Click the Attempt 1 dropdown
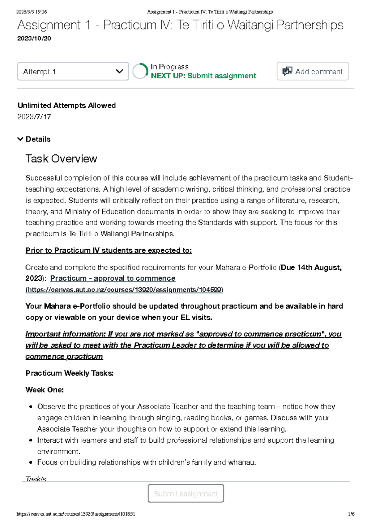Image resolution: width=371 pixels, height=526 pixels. click(73, 72)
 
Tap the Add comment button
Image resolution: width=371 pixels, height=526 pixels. click(313, 72)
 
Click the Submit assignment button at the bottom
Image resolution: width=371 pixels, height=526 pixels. click(186, 493)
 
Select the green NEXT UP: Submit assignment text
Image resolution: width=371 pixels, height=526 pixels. click(203, 76)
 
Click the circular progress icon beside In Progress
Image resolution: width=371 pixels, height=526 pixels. click(140, 71)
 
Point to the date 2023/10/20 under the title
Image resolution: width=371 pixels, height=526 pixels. click(34, 38)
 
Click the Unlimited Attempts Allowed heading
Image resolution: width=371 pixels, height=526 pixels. click(66, 105)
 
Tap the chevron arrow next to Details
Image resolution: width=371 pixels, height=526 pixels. click(20, 139)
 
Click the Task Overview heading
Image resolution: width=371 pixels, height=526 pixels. click(61, 159)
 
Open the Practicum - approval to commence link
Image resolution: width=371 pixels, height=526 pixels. click(113, 278)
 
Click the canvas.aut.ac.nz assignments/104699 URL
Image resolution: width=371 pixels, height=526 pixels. click(124, 290)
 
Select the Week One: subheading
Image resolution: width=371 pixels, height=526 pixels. click(45, 390)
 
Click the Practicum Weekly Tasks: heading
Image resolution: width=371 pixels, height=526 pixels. click(69, 373)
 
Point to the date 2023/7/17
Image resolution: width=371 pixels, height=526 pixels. click(34, 117)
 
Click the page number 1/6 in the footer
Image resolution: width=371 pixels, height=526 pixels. click(351, 514)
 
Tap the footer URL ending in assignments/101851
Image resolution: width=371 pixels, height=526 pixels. click(76, 514)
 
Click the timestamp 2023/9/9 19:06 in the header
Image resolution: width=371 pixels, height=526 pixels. click(32, 12)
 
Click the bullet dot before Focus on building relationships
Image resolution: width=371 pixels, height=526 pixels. click(31, 462)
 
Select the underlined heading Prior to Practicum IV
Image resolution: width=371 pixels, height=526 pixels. click(109, 250)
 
